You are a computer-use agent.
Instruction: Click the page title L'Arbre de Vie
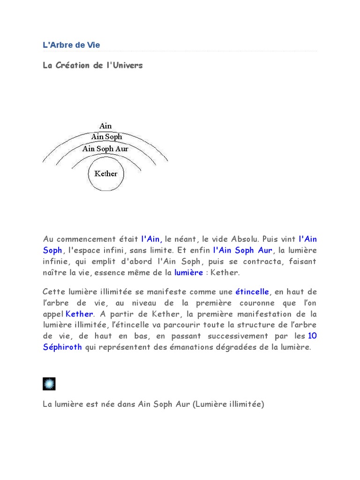coord(71,45)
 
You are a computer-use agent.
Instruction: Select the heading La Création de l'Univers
coord(92,65)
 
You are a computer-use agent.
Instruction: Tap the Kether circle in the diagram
coord(106,174)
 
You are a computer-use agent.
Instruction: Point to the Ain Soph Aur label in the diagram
coord(105,149)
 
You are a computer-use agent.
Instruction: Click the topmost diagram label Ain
coord(105,126)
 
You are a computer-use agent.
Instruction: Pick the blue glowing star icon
coord(49,384)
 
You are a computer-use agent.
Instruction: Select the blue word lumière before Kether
coord(188,272)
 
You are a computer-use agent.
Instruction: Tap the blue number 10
coord(312,336)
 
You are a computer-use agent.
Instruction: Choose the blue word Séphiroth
coord(62,347)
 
